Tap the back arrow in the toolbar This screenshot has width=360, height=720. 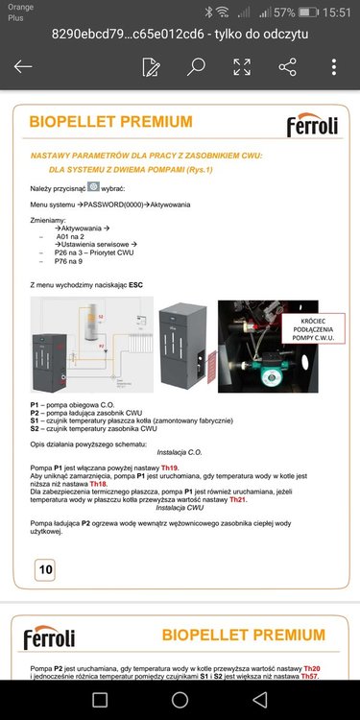pyautogui.click(x=23, y=67)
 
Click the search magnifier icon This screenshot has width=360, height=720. pyautogui.click(x=196, y=67)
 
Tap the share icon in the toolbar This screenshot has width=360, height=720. pyautogui.click(x=287, y=67)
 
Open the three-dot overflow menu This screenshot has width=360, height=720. pyautogui.click(x=333, y=67)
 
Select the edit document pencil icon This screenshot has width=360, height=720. pyautogui.click(x=151, y=67)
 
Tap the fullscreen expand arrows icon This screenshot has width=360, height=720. pyautogui.click(x=242, y=67)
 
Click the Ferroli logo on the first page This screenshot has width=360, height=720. pyautogui.click(x=311, y=126)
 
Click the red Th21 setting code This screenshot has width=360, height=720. pyautogui.click(x=238, y=500)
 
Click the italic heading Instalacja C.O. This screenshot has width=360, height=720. pyautogui.click(x=180, y=450)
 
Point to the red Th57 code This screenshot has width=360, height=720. pyautogui.click(x=309, y=677)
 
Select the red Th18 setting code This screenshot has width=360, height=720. pyautogui.click(x=101, y=484)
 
